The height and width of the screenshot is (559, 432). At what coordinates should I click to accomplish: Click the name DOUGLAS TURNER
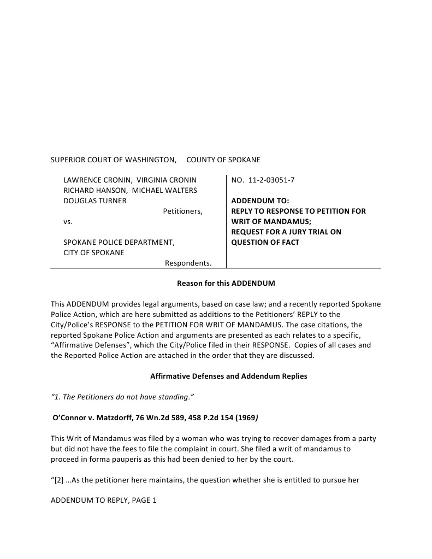coord(95,201)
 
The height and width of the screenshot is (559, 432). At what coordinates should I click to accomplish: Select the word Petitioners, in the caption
coord(182,211)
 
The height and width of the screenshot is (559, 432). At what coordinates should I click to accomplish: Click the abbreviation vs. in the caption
coord(68,221)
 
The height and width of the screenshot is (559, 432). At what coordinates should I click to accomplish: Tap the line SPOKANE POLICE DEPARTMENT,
coord(119,242)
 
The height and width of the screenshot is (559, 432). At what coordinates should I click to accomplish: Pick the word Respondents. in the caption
coord(188,263)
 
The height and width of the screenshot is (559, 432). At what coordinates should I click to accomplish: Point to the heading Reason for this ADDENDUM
coord(226,284)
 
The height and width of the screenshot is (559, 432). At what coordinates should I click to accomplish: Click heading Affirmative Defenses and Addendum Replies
coord(229,376)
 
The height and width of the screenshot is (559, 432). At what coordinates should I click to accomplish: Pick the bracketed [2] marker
coord(58,480)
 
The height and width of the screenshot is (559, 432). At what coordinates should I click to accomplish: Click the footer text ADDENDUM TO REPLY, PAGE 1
coord(104,501)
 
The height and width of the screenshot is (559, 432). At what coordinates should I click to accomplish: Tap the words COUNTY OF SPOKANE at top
coord(223,160)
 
